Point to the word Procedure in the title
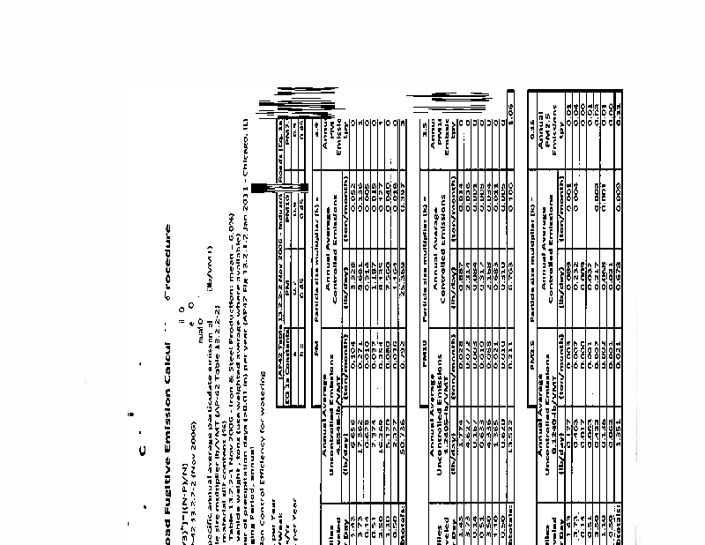pyautogui.click(x=167, y=257)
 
